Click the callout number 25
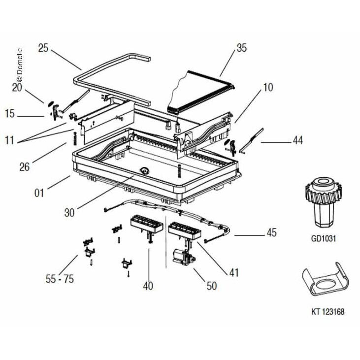pos(43,48)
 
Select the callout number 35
pos(241,48)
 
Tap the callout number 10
pos(268,87)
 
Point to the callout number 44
pos(298,140)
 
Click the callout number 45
pos(272,232)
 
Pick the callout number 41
pos(234,272)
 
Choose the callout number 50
pos(212,286)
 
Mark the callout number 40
pos(148,286)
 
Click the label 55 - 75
pos(60,279)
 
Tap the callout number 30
pos(69,213)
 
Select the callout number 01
pos(39,193)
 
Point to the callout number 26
pos(25,166)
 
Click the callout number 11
pos(10,140)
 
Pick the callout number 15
pos(10,114)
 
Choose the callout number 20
pos(17,87)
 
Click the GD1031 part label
pos(323,239)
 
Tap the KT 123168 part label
pos(328,312)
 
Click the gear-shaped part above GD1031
pos(323,202)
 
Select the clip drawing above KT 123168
pos(325,279)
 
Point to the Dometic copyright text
pos(20,65)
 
